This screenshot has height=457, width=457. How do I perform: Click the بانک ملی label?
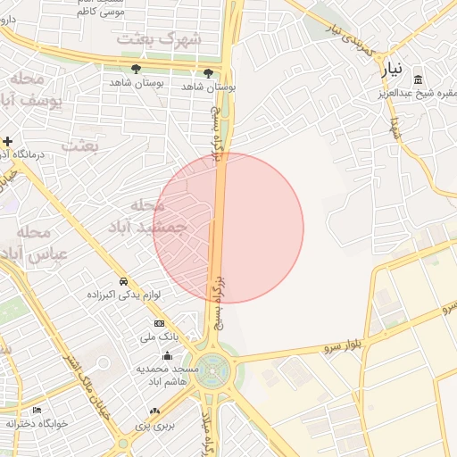(x=160, y=337)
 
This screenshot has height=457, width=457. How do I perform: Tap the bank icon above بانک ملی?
(x=160, y=323)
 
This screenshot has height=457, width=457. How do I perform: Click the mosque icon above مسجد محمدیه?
(x=167, y=355)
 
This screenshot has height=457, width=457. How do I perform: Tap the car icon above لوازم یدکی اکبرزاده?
(x=123, y=279)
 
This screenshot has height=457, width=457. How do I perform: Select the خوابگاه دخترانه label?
(x=37, y=423)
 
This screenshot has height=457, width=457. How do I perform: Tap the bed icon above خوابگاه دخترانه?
(x=37, y=409)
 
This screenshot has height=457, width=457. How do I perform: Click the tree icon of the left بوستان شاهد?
(x=137, y=69)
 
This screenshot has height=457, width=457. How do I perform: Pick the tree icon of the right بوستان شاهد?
(x=208, y=72)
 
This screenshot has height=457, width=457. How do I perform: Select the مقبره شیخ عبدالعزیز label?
(x=418, y=91)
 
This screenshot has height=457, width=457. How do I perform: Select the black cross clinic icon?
(x=8, y=141)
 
